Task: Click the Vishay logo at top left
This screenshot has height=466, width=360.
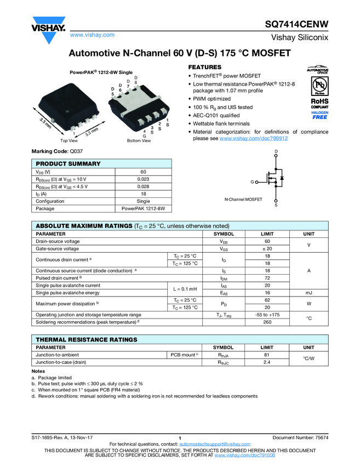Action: pyautogui.click(x=48, y=29)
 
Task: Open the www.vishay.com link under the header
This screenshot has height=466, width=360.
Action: pyautogui.click(x=92, y=35)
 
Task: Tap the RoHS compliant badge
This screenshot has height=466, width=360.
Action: pyautogui.click(x=319, y=103)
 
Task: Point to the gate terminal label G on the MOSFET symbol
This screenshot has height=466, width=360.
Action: pyautogui.click(x=252, y=181)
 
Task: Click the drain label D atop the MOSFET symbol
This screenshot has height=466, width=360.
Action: pyautogui.click(x=276, y=151)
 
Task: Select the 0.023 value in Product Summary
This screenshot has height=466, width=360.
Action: pyautogui.click(x=142, y=179)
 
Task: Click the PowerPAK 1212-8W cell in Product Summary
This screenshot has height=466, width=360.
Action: pyautogui.click(x=142, y=209)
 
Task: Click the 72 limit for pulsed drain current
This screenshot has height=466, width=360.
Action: pyautogui.click(x=267, y=279)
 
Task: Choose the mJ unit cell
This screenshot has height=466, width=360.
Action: pyautogui.click(x=308, y=293)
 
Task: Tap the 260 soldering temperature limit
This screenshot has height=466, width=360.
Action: pyautogui.click(x=267, y=322)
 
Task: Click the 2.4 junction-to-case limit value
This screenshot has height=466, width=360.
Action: pyautogui.click(x=267, y=363)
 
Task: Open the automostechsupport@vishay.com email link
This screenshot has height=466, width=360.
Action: pyautogui.click(x=215, y=444)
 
